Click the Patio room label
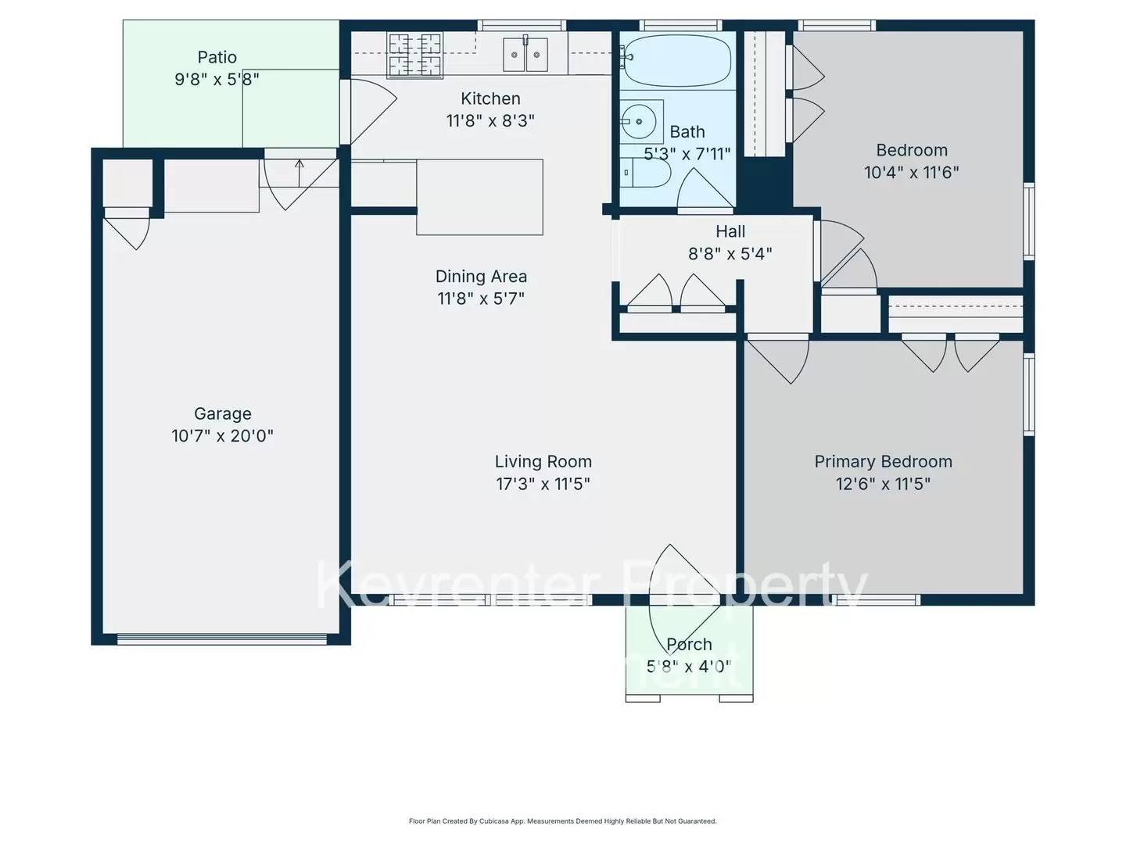[x=217, y=57]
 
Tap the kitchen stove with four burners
[x=415, y=55]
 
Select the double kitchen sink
[x=525, y=55]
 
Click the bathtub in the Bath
[x=678, y=60]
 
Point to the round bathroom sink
[x=639, y=122]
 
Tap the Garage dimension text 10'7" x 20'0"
[x=222, y=436]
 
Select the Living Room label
[x=543, y=462]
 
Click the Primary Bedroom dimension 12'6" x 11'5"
[x=883, y=484]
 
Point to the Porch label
[x=689, y=645]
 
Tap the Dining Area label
[x=481, y=277]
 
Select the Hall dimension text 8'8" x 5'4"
[x=730, y=253]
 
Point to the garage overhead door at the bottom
[x=221, y=639]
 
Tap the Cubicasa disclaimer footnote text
[x=562, y=821]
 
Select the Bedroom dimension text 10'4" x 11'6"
[x=911, y=172]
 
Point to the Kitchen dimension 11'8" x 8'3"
[x=490, y=120]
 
